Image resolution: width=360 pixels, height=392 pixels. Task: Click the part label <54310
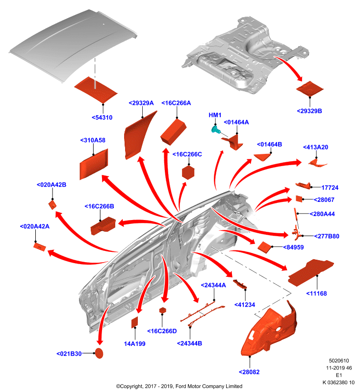pyautogui.click(x=102, y=118)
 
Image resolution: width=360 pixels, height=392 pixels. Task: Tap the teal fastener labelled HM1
pyautogui.click(x=215, y=129)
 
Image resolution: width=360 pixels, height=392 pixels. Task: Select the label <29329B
pyautogui.click(x=309, y=111)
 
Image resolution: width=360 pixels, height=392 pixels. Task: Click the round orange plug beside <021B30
pyautogui.click(x=99, y=353)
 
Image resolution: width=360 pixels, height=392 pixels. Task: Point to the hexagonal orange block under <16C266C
pyautogui.click(x=188, y=172)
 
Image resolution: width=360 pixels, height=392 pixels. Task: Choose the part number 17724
pyautogui.click(x=330, y=188)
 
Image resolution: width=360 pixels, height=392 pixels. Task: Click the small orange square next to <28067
pyautogui.click(x=299, y=199)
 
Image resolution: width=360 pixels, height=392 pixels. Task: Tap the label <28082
pyautogui.click(x=249, y=372)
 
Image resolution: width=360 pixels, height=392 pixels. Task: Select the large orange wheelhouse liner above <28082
pyautogui.click(x=270, y=330)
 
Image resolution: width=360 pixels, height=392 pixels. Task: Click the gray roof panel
pyautogui.click(x=73, y=45)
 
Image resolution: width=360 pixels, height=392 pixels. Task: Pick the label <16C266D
pyautogui.click(x=162, y=331)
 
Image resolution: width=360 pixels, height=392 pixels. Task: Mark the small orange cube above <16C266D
pyautogui.click(x=163, y=310)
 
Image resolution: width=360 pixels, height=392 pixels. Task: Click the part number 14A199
pyautogui.click(x=134, y=344)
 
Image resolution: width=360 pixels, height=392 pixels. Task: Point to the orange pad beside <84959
pyautogui.click(x=264, y=247)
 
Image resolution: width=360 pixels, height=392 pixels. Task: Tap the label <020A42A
pyautogui.click(x=34, y=226)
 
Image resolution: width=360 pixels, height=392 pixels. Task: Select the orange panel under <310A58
pyautogui.click(x=94, y=164)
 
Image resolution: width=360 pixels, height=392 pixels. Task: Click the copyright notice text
pyautogui.click(x=179, y=386)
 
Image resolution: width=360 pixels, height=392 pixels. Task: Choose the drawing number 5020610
pyautogui.click(x=339, y=361)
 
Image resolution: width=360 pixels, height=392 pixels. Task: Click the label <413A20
pyautogui.click(x=315, y=147)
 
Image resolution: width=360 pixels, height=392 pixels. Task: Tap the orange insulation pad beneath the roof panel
pyautogui.click(x=96, y=90)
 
